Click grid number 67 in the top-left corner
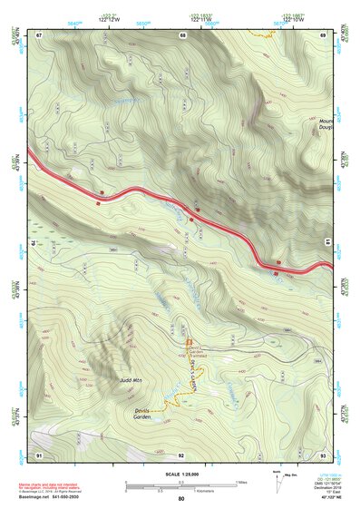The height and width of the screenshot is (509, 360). [39, 34]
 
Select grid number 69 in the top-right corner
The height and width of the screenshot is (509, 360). [323, 34]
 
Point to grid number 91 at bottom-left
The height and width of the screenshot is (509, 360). [39, 453]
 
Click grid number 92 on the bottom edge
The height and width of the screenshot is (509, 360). [181, 453]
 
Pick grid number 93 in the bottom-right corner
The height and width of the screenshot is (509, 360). [323, 453]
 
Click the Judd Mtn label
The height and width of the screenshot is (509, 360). [129, 379]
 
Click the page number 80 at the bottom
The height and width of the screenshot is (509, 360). [181, 499]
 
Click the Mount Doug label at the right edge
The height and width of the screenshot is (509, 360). [326, 124]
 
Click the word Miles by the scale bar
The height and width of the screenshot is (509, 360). [241, 482]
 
